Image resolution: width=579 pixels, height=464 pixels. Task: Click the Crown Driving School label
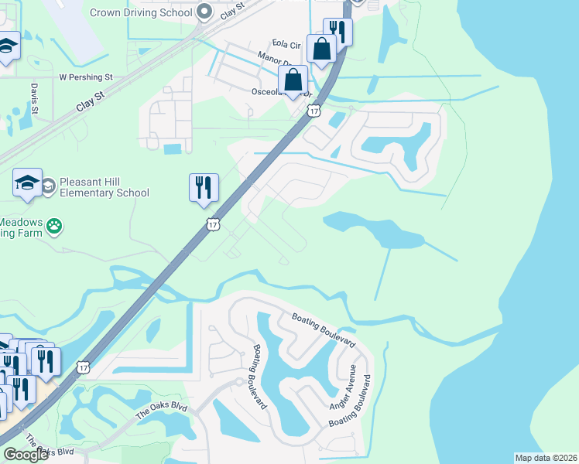coord(141,12)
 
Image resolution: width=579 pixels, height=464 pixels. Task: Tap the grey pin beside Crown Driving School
coord(204,12)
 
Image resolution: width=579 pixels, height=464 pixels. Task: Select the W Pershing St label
coord(86,77)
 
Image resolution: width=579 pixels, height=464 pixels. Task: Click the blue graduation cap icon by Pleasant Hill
coord(27,183)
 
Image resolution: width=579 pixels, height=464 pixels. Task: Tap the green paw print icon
coord(54,226)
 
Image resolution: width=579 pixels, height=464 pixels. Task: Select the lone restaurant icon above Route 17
coord(204,188)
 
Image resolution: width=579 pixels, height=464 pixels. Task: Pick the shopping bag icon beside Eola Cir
coord(321,49)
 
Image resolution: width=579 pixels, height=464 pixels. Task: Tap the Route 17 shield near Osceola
coord(313,111)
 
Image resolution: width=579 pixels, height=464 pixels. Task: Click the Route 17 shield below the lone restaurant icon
coord(213,224)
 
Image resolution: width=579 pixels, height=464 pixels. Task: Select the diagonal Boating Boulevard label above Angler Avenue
coord(323,329)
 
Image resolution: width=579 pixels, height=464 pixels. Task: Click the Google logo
coord(26,455)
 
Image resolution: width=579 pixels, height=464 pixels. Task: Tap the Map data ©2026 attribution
coord(546,458)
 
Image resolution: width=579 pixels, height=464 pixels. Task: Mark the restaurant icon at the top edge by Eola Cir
coord(337,30)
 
